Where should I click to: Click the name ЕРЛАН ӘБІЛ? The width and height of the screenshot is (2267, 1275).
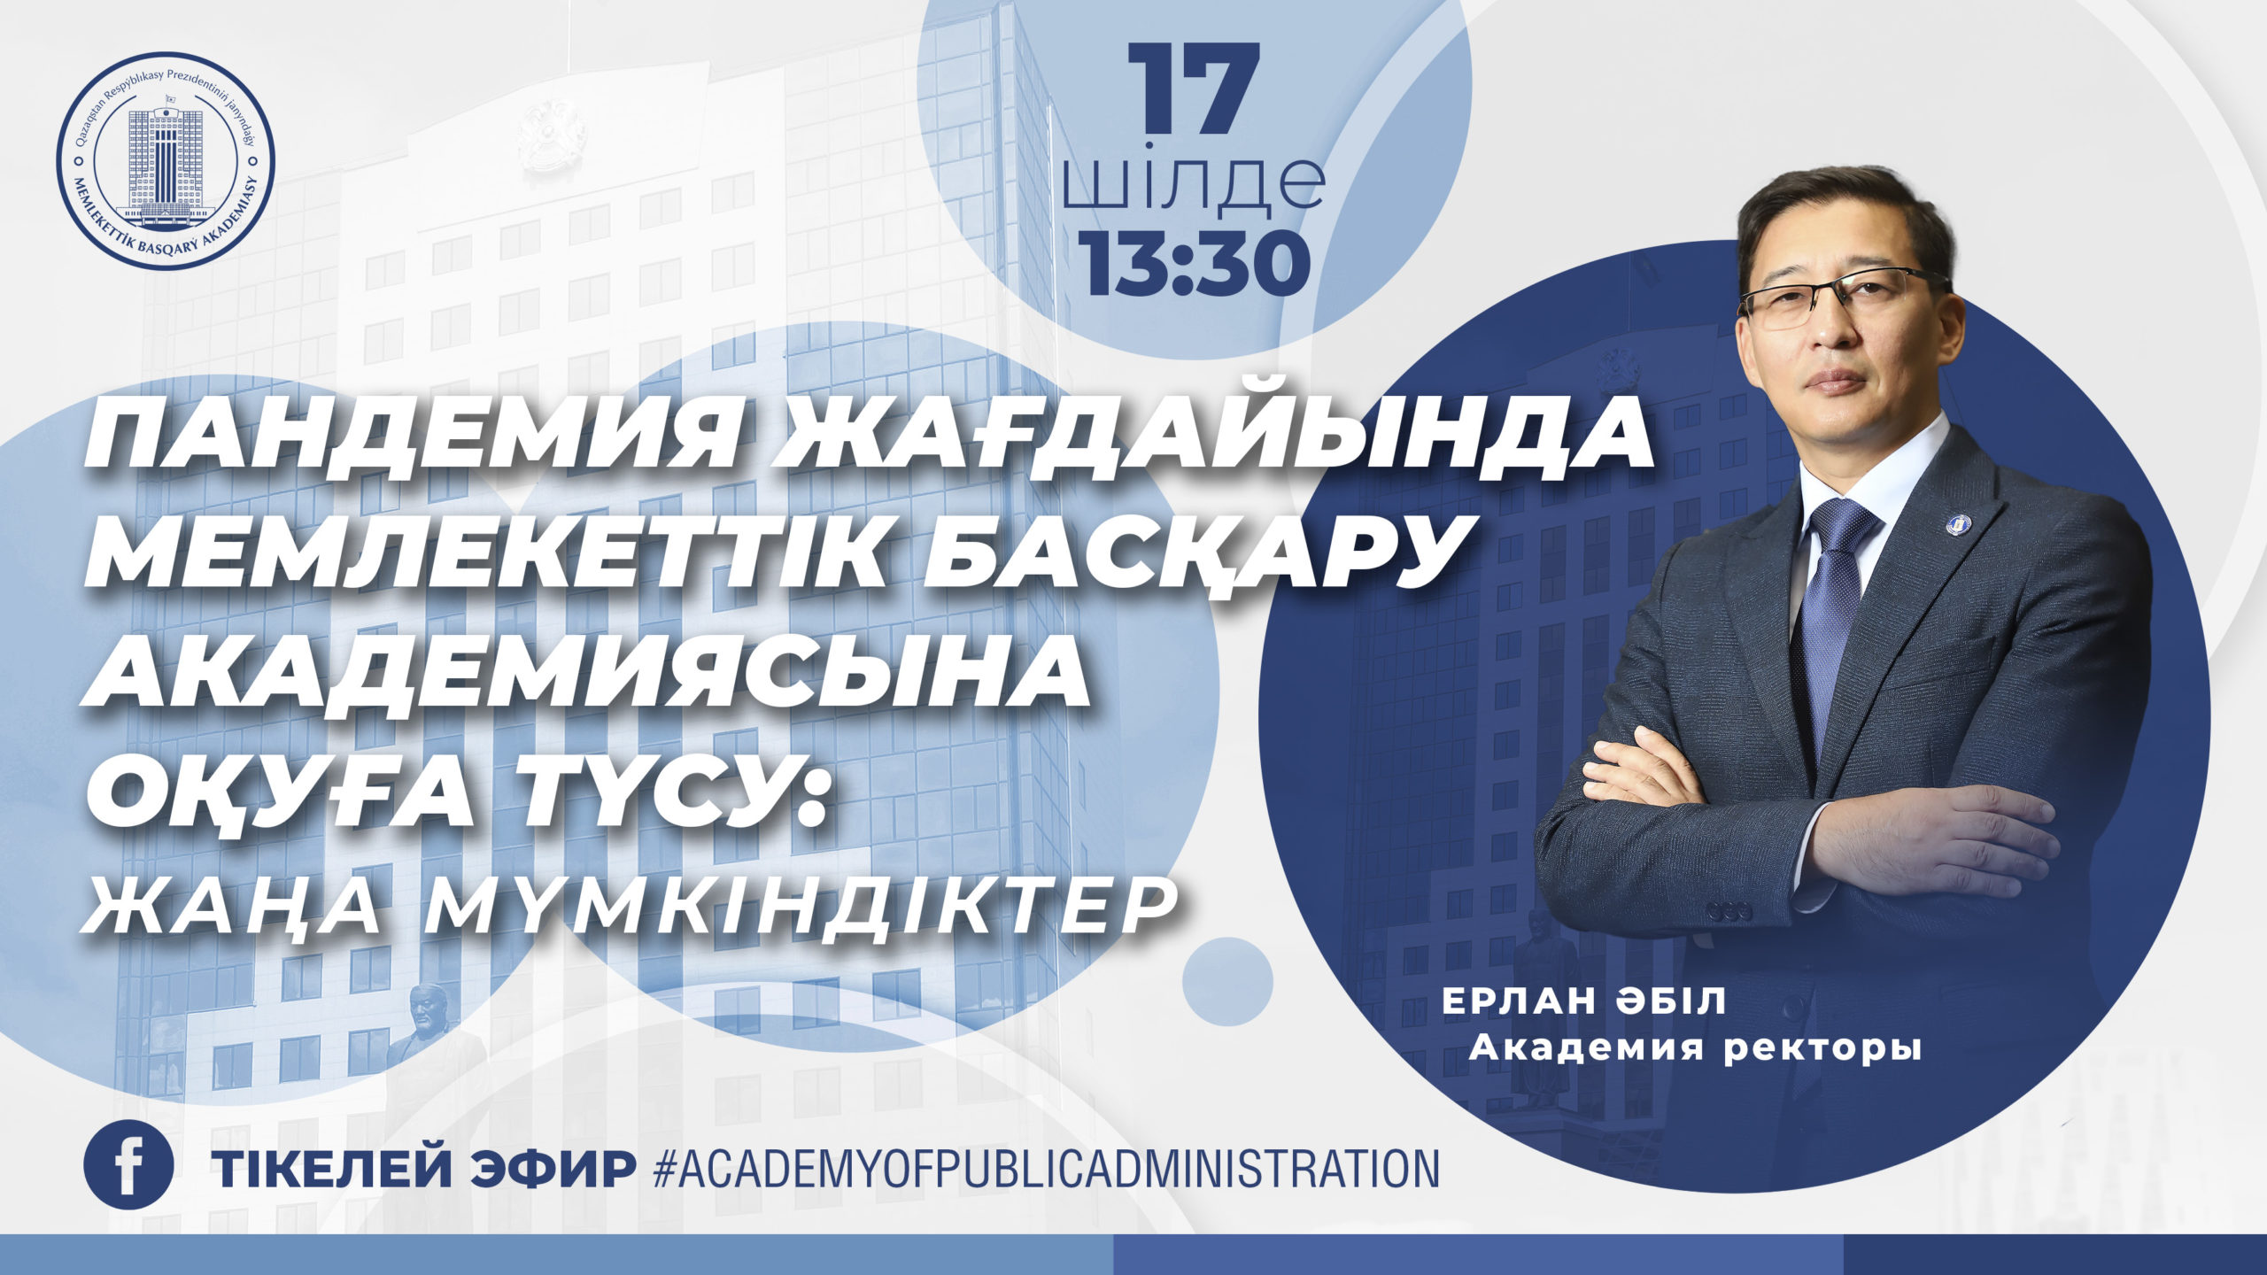[1584, 1002]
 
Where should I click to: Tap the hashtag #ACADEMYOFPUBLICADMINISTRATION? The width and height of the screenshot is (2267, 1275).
[1045, 1168]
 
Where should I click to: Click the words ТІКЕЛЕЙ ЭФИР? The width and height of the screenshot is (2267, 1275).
[422, 1168]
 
